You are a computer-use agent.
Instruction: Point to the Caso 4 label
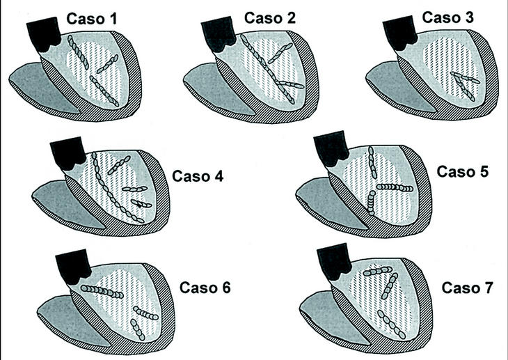point(198,175)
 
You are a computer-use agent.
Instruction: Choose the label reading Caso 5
point(463,171)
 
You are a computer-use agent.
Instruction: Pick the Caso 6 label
point(206,288)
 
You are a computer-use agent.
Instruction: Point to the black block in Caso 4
point(68,152)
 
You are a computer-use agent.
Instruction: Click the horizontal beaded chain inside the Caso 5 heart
point(394,187)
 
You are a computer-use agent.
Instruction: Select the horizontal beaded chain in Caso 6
point(104,290)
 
